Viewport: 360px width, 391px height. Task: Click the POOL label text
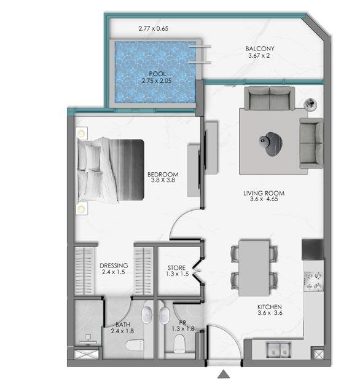point(157,74)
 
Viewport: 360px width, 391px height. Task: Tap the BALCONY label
point(260,49)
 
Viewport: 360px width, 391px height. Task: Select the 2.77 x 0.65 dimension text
point(153,28)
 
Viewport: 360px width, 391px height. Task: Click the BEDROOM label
point(163,175)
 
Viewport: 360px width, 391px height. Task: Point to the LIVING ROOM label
point(264,193)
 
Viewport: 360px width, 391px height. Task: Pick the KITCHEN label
point(270,307)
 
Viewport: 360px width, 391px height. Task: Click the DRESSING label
point(114,266)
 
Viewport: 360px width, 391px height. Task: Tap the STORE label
point(177,268)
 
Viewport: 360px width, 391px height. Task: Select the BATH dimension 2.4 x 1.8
point(122,331)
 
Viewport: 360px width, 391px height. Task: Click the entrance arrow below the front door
point(224,374)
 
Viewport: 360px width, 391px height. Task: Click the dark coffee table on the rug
point(271,144)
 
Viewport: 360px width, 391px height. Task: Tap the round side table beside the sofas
point(310,104)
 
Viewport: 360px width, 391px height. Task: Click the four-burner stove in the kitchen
point(314,282)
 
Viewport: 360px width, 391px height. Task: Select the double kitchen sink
point(278,350)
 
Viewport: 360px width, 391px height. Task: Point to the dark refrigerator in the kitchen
point(313,250)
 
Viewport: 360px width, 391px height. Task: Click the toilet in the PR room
point(179,344)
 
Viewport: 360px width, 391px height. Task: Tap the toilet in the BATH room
point(135,346)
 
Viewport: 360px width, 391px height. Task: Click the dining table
point(254,268)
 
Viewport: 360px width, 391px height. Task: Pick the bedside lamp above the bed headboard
point(81,133)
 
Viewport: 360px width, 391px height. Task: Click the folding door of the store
point(198,269)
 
